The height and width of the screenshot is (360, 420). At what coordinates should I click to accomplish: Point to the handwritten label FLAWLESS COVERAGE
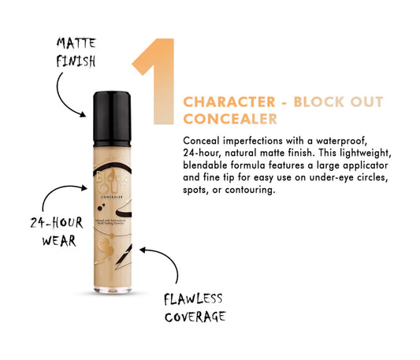pos(195,307)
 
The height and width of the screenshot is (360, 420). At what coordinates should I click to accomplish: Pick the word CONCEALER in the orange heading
pos(229,120)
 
